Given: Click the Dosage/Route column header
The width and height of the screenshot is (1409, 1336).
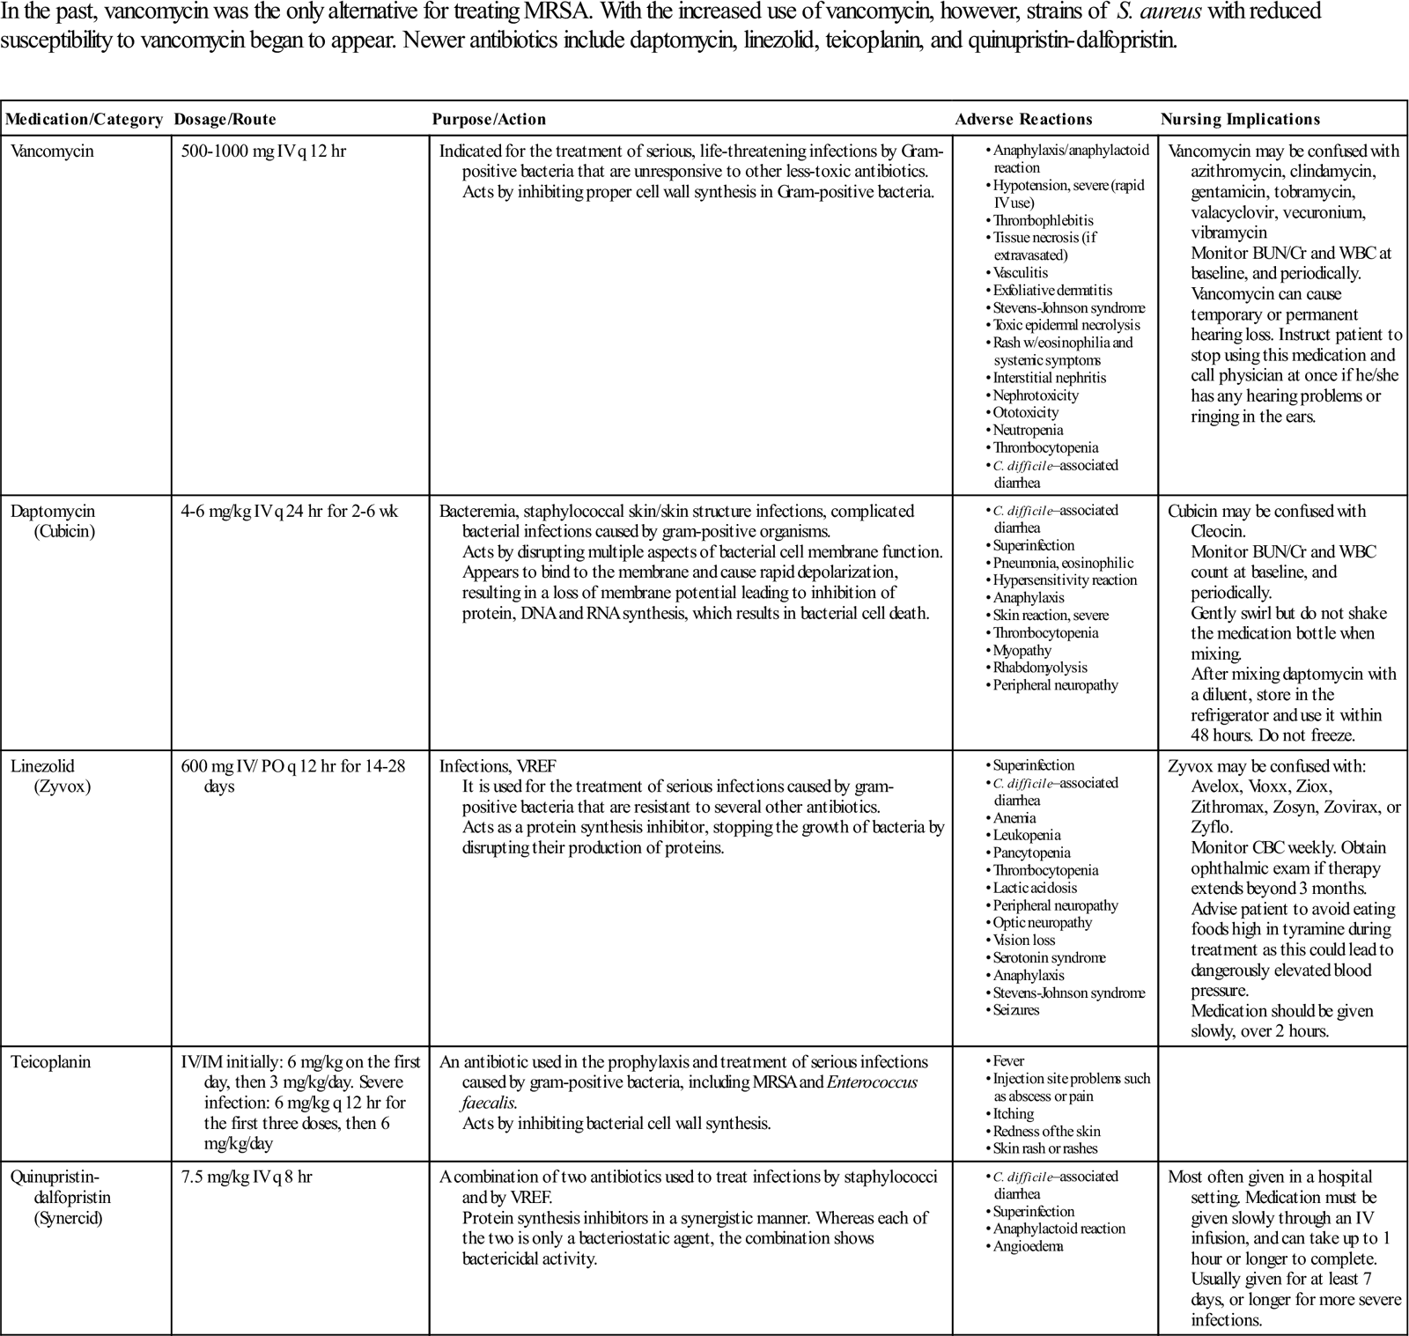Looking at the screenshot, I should tap(225, 120).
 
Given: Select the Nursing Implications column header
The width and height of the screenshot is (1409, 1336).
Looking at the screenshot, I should tap(1240, 120).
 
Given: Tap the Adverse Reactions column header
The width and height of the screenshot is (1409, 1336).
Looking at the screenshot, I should tap(1023, 120).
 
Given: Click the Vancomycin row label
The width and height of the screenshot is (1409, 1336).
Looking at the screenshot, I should tap(52, 151).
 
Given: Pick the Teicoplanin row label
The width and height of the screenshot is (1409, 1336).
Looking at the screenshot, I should tap(51, 1062).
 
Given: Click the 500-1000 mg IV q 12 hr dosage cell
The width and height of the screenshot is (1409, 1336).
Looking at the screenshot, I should tap(263, 151).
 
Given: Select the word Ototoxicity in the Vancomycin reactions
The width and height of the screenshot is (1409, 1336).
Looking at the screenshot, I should tap(1026, 413).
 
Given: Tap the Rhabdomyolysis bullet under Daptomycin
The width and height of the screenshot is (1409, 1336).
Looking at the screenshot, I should tap(1040, 668).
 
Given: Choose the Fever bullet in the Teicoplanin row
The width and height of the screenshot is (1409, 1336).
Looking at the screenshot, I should tap(1008, 1061).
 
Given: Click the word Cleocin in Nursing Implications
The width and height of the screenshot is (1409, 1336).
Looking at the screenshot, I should tap(1219, 532).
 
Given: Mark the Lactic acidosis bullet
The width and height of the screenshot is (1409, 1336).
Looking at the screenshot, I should tap(1035, 888).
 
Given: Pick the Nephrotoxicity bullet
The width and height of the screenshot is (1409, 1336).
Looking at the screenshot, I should tap(1036, 395).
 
